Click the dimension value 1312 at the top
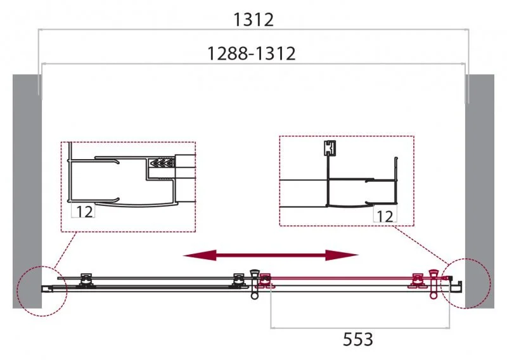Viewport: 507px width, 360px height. coord(253,20)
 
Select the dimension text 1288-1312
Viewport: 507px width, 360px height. coord(252,54)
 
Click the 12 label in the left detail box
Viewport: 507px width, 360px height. coord(84,212)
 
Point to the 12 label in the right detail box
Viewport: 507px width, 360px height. coord(384,216)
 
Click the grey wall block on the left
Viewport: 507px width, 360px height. coord(27,190)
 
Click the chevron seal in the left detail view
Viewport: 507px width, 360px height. coord(161,164)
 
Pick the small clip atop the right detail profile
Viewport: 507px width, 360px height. coord(328,148)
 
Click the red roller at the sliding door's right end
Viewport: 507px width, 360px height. coord(417,280)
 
